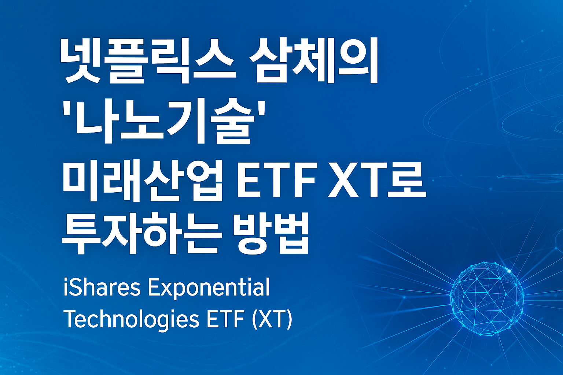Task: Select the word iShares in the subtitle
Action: pos(102,287)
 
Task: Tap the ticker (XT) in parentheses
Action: pos(273,320)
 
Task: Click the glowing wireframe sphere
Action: pos(487,298)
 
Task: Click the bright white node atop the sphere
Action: pos(509,271)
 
